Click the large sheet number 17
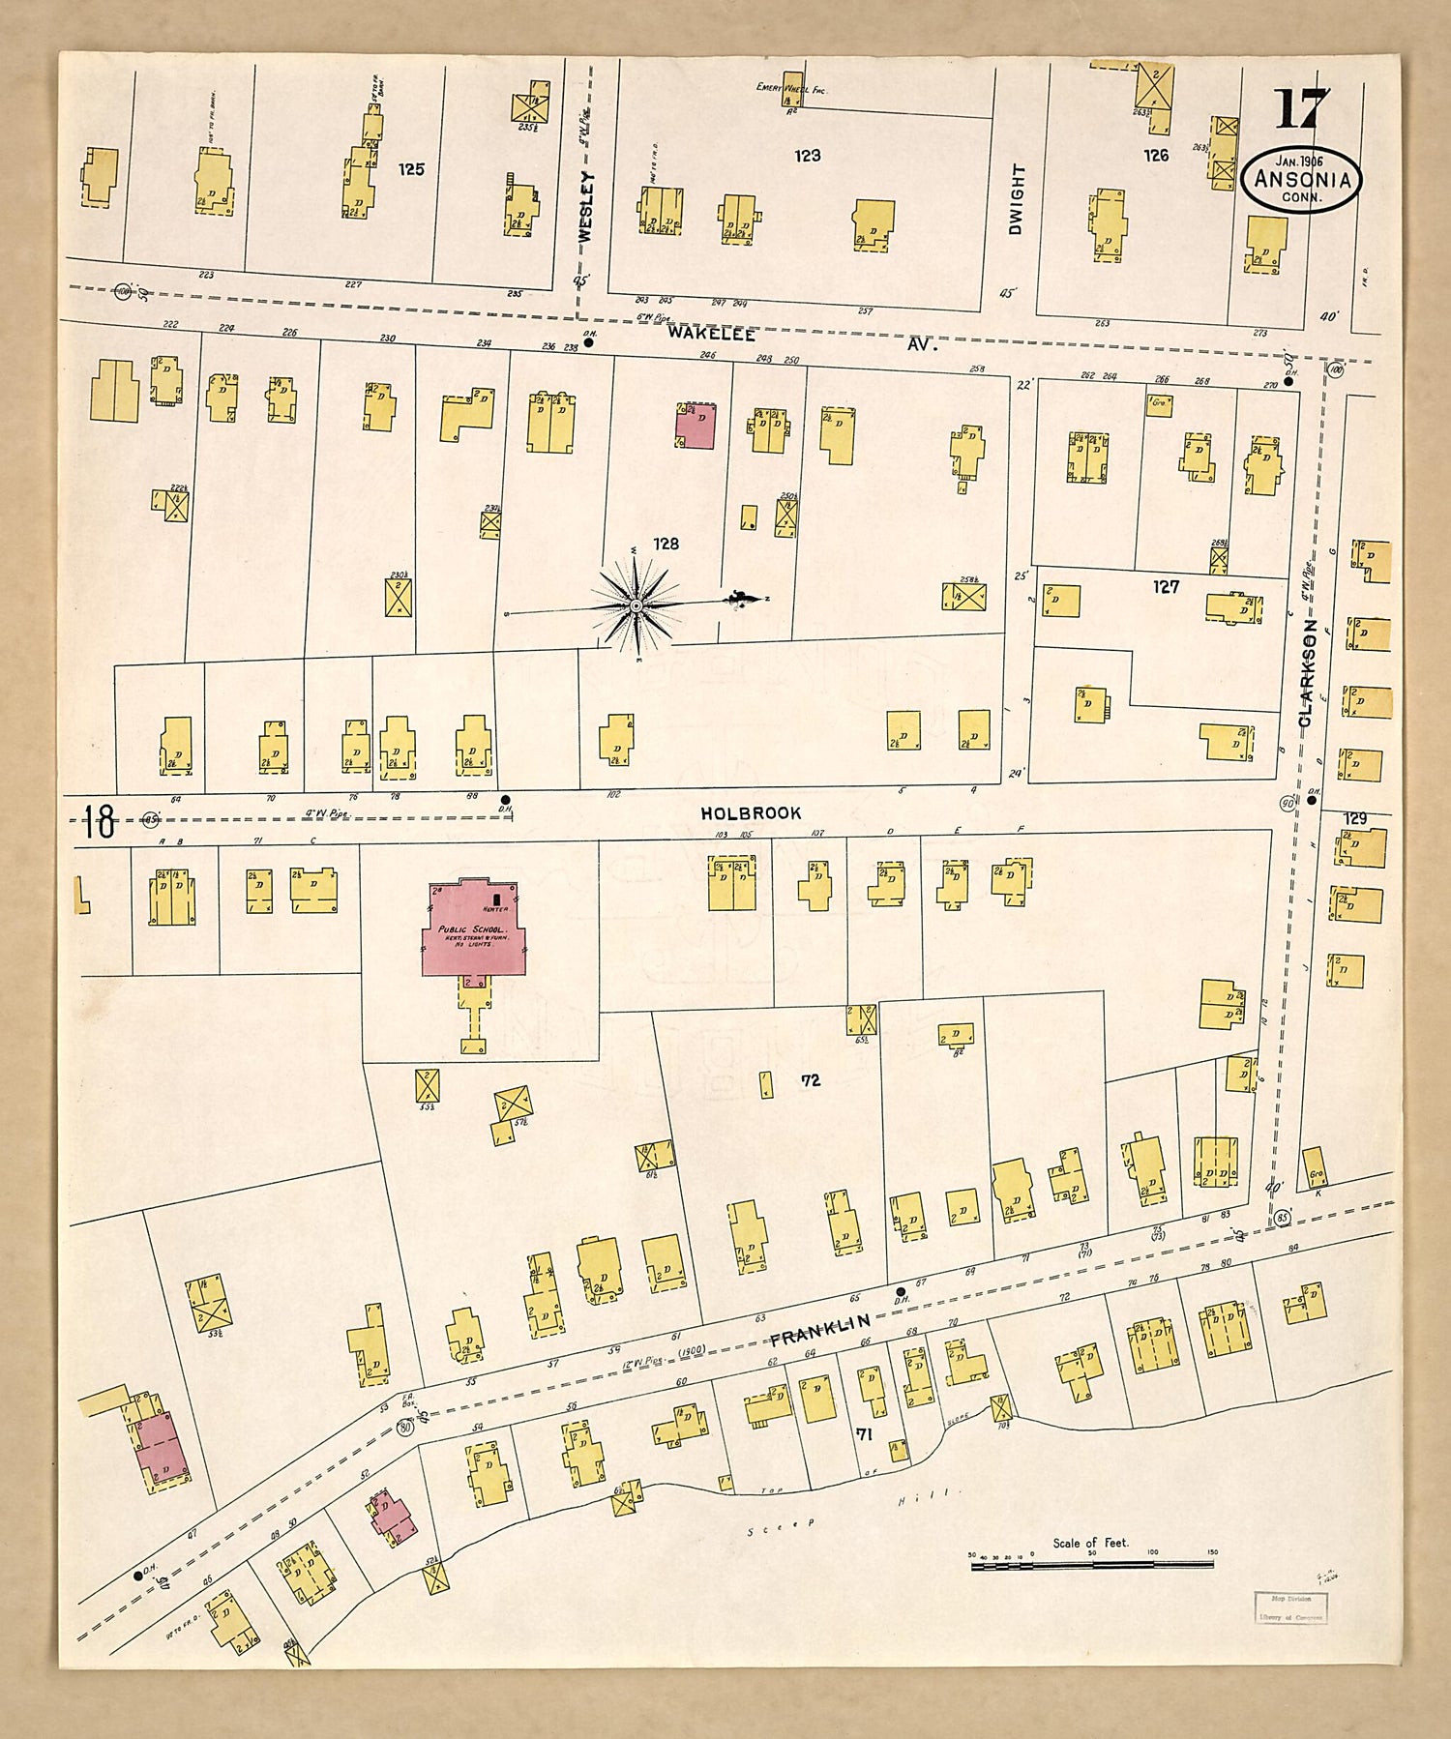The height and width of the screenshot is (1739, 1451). [1301, 108]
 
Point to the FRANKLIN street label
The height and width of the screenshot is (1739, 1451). [821, 1329]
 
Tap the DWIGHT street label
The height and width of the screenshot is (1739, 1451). [1015, 199]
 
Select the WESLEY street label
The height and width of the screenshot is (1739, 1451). [584, 204]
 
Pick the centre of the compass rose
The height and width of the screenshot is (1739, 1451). [636, 605]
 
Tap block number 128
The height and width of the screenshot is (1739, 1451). [666, 544]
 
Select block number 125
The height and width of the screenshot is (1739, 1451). [411, 169]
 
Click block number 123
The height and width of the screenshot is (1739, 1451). [808, 155]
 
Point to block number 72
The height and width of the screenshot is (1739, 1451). [811, 1080]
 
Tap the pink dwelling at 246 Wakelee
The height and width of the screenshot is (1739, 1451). [695, 426]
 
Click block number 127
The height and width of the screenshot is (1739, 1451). [1166, 586]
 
